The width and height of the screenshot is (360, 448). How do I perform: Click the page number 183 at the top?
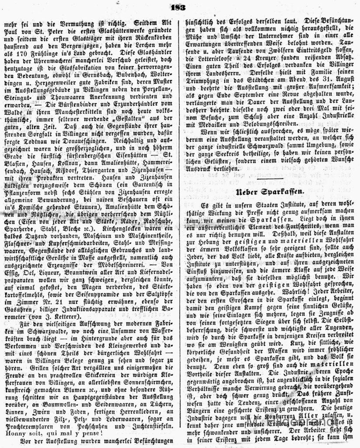[179, 6]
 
